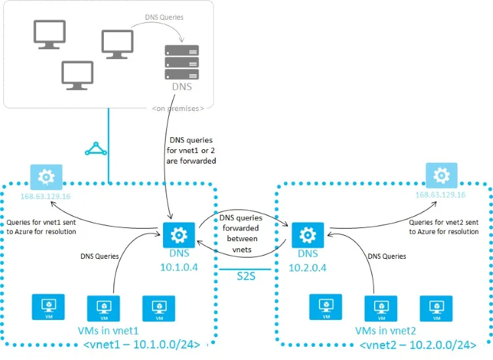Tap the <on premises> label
point(182,108)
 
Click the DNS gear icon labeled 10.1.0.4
point(176,235)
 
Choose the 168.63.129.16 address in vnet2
point(440,195)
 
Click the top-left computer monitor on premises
point(49,34)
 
